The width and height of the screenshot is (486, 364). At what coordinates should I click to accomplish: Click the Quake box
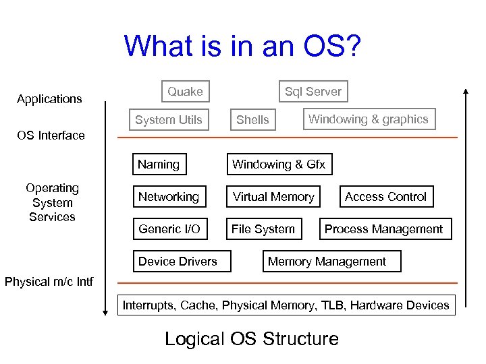click(185, 92)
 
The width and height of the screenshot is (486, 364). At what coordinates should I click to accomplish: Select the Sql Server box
click(313, 92)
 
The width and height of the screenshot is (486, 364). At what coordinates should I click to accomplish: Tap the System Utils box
click(169, 120)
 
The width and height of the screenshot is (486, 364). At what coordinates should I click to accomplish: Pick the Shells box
click(252, 120)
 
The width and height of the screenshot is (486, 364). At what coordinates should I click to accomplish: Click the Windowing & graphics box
click(368, 119)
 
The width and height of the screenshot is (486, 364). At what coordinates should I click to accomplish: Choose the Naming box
click(159, 164)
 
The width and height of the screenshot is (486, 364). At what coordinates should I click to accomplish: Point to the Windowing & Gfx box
click(279, 164)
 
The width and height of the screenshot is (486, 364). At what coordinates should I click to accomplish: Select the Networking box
click(169, 197)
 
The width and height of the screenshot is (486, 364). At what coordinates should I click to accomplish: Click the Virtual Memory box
click(273, 197)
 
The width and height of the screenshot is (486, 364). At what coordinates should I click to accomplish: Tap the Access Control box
click(385, 197)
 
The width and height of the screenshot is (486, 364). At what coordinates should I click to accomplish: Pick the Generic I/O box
click(169, 229)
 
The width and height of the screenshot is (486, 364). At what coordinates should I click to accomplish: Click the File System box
click(263, 229)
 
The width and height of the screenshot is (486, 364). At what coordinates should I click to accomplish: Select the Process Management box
click(383, 229)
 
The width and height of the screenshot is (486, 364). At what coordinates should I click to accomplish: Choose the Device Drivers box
click(178, 262)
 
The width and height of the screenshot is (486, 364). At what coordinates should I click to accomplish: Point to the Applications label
click(49, 99)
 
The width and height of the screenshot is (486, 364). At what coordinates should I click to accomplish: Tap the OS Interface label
click(51, 135)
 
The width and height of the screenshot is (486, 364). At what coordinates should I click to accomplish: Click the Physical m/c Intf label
click(49, 281)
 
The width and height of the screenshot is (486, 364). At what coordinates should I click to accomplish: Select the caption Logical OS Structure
click(251, 338)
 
